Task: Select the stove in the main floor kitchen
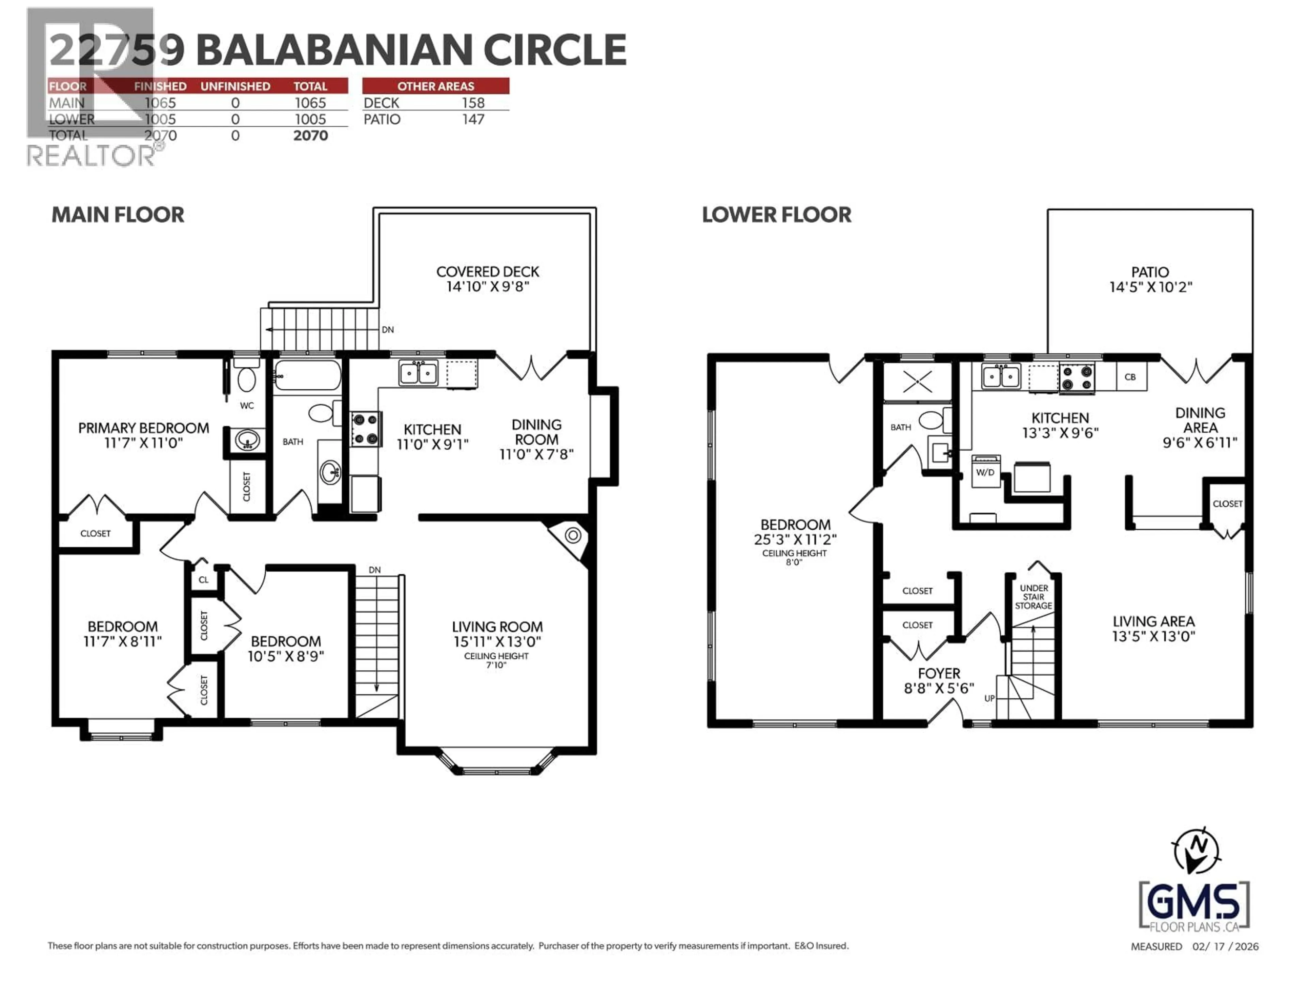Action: point(365,429)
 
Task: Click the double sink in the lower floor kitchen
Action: point(1000,376)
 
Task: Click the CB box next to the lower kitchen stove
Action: point(1130,377)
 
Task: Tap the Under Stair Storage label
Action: point(1034,597)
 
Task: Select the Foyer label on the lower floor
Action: point(939,673)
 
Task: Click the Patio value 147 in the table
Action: point(473,120)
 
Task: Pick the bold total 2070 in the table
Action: point(310,136)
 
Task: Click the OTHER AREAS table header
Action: point(435,86)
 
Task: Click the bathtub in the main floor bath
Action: point(308,375)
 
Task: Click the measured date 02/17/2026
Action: point(1225,947)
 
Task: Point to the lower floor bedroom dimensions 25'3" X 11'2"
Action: point(795,539)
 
